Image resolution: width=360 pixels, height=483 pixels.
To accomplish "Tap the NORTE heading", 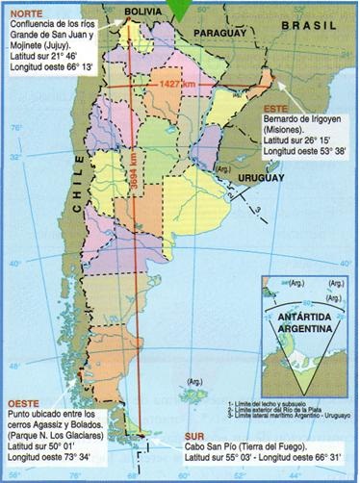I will click(23, 14).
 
